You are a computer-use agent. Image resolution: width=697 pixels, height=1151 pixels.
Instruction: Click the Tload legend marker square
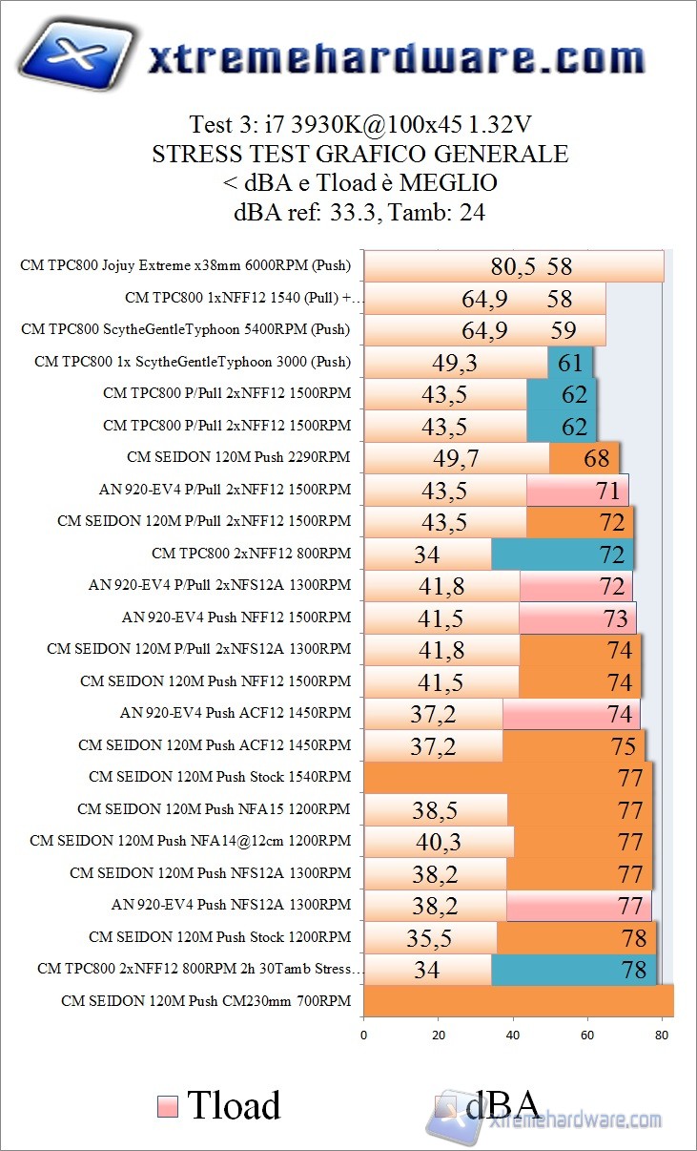point(166,1106)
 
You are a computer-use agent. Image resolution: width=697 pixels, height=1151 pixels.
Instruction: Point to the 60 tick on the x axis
point(588,1035)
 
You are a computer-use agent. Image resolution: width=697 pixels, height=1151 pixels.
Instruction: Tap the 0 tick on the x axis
point(363,1035)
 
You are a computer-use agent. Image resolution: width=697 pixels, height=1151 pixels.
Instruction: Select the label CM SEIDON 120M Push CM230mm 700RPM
point(205,1001)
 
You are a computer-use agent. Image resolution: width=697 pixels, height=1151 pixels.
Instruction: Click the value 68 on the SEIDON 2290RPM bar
point(597,459)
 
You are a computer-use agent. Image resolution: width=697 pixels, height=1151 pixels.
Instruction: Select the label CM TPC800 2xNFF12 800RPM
point(251,554)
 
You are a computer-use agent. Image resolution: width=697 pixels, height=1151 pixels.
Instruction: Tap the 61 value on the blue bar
point(570,363)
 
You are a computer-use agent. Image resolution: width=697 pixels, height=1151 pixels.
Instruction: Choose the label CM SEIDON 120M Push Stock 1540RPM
point(219,777)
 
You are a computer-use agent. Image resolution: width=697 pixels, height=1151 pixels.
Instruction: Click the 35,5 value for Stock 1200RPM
point(429,939)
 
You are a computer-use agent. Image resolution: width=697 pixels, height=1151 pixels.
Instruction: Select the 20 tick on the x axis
point(439,1035)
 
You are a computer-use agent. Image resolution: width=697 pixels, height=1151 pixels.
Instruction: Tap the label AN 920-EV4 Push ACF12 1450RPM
point(235,713)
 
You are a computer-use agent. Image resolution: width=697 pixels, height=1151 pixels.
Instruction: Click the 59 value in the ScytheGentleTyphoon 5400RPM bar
point(564,331)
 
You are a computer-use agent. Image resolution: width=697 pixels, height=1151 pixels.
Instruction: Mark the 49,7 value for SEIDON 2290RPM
point(456,459)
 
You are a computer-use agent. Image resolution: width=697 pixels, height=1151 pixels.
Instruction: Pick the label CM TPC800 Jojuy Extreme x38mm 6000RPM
point(185,266)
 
